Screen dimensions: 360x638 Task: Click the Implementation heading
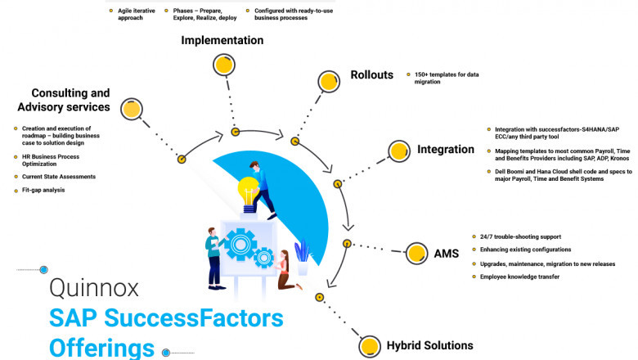[x=222, y=40]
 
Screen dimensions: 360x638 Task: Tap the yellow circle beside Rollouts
[x=329, y=82]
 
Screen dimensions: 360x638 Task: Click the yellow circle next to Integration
[x=398, y=151]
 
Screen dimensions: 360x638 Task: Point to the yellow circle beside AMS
[x=416, y=253]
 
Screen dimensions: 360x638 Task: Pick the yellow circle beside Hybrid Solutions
[x=370, y=345]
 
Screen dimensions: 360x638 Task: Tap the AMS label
[x=446, y=254]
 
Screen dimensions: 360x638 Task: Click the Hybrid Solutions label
[x=429, y=345]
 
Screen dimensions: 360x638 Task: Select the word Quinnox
[x=94, y=287]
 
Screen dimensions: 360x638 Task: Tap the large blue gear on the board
[x=240, y=243]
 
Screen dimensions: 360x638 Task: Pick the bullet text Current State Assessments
[x=59, y=177]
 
